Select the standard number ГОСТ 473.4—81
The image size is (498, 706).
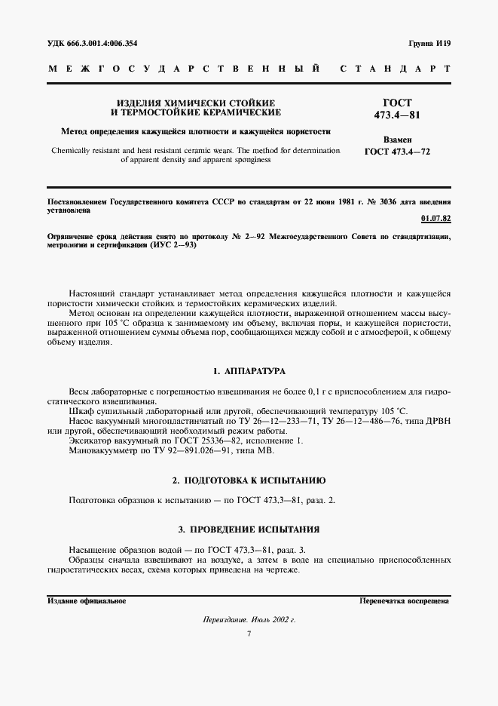[398, 108]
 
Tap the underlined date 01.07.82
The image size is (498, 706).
[435, 219]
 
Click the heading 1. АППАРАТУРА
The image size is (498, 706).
[249, 371]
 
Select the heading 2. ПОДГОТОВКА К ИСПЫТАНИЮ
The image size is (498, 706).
[249, 480]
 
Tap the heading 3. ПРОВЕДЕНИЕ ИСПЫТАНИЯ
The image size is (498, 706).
[249, 529]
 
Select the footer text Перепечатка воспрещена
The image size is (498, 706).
[404, 601]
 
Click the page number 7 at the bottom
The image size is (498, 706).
[249, 634]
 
